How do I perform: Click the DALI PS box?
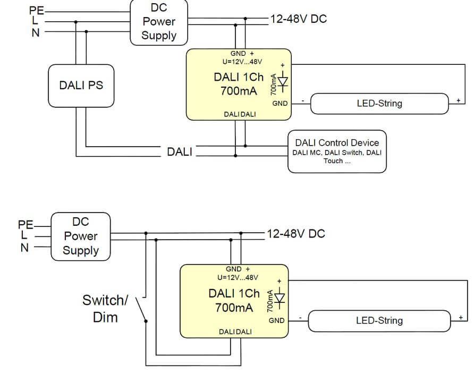pyautogui.click(x=81, y=86)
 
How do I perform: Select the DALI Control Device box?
pyautogui.click(x=337, y=151)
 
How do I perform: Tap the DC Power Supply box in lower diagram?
pyautogui.click(x=81, y=236)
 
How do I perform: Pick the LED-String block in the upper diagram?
pyautogui.click(x=379, y=103)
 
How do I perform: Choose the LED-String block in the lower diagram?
pyautogui.click(x=379, y=320)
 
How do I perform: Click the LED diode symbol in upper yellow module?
pyautogui.click(x=283, y=83)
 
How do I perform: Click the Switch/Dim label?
pyautogui.click(x=105, y=308)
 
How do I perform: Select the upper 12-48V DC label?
pyautogui.click(x=298, y=19)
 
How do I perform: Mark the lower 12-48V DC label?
pyautogui.click(x=295, y=234)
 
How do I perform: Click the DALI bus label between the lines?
pyautogui.click(x=180, y=151)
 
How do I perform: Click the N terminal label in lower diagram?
pyautogui.click(x=24, y=247)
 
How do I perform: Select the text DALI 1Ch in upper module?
pyautogui.click(x=239, y=77)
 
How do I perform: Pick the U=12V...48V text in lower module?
pyautogui.click(x=237, y=277)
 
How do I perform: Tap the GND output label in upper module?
pyautogui.click(x=280, y=104)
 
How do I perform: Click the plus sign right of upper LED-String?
pyautogui.click(x=457, y=100)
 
